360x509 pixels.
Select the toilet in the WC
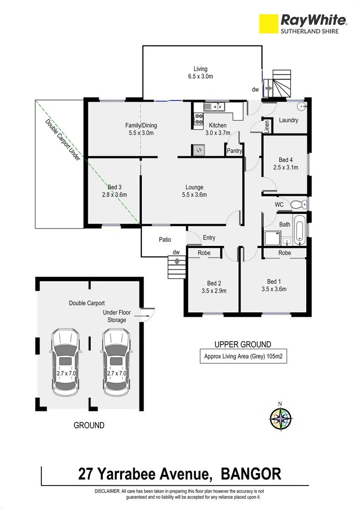coord(298,205)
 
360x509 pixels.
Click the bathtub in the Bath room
coord(299,231)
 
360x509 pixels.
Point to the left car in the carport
coord(65,361)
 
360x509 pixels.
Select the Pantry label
coord(234,151)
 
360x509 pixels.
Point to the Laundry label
coord(288,120)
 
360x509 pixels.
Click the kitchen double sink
coord(215,107)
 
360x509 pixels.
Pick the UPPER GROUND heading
coord(243,345)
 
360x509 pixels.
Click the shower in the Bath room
coord(273,238)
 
